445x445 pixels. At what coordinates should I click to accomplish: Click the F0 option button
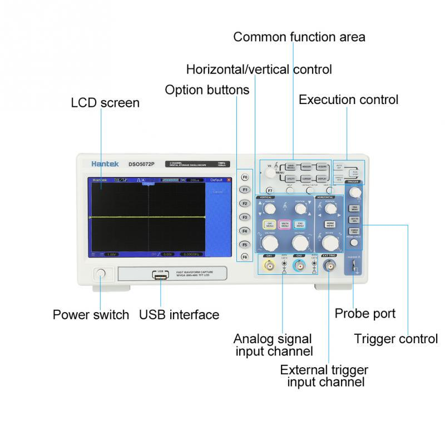244,176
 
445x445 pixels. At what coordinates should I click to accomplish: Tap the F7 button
270,190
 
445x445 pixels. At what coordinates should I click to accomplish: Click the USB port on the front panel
160,275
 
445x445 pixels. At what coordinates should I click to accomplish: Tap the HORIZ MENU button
330,224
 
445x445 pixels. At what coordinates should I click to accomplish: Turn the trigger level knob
354,192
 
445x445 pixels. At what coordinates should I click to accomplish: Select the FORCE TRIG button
354,230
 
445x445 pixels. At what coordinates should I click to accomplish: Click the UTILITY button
291,179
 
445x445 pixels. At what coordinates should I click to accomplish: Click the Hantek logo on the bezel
102,164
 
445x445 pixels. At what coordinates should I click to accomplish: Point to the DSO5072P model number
141,164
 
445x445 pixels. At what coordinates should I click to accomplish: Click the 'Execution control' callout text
348,100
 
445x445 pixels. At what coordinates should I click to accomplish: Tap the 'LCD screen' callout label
105,103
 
